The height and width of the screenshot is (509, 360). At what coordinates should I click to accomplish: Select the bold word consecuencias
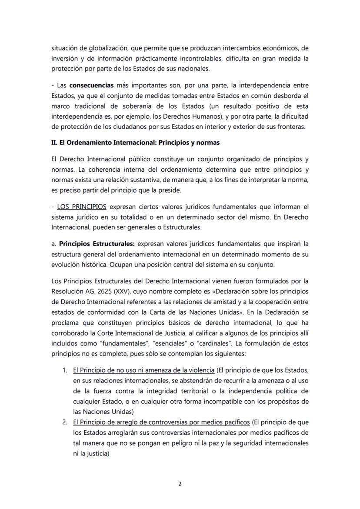point(92,86)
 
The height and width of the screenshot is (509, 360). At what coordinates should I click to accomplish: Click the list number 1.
point(64,370)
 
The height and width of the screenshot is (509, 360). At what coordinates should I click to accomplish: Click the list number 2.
point(64,422)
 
